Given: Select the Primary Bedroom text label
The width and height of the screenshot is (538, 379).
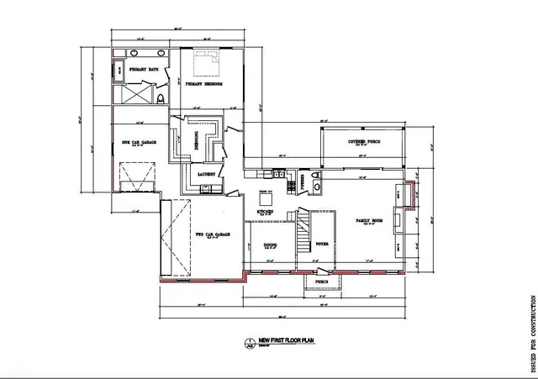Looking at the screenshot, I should [203, 85].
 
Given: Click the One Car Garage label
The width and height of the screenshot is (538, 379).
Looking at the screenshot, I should [135, 143].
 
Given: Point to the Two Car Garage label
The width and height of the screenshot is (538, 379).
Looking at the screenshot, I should [208, 234].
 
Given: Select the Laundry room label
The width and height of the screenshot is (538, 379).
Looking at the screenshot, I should [207, 175].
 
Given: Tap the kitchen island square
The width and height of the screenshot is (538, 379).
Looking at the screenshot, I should [266, 198].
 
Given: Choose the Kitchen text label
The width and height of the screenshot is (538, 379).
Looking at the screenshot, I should [266, 213].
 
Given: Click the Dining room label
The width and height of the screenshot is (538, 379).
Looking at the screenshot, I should [270, 246].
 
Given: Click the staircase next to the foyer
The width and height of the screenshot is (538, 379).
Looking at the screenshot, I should [302, 235].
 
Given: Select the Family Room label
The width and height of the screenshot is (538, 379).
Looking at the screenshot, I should [369, 221].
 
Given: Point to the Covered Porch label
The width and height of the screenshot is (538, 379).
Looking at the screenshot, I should [364, 143].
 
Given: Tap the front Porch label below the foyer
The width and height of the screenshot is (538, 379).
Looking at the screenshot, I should [321, 282].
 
